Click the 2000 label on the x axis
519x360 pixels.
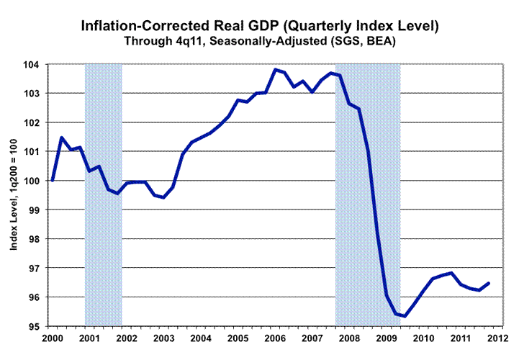pos(52,337)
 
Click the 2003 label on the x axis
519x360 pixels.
pos(163,337)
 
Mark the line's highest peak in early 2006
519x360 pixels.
pos(275,69)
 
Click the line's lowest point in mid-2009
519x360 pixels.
pos(405,316)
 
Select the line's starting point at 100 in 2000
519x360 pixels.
pos(52,181)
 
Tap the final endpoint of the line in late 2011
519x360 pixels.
pos(489,283)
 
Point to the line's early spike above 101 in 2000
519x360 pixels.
pos(61,138)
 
